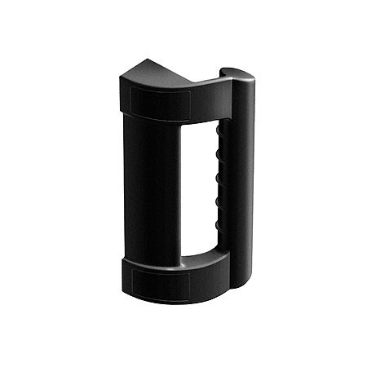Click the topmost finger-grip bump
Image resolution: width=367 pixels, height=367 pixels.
[x=219, y=133]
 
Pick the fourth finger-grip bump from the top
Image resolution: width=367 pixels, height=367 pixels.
[x=219, y=200]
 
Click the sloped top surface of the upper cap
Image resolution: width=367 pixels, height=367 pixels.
[x=163, y=77]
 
